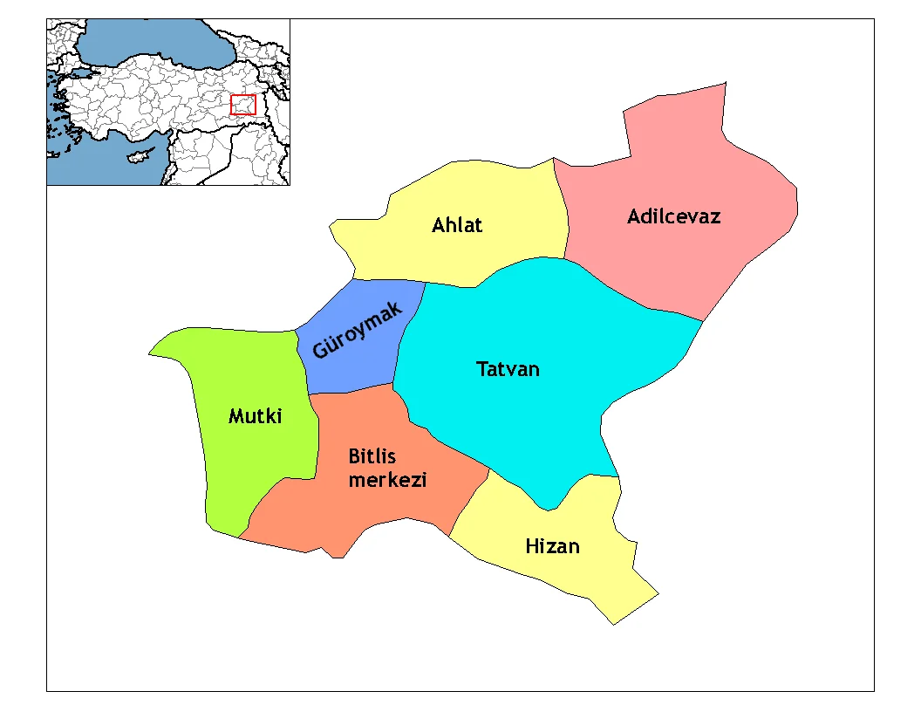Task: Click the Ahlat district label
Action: click(x=457, y=225)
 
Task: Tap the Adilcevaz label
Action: click(x=673, y=216)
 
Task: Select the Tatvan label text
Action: click(x=508, y=369)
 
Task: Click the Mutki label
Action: click(x=255, y=416)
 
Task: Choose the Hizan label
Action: click(x=552, y=547)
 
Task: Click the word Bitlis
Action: click(x=372, y=456)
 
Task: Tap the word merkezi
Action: click(x=387, y=479)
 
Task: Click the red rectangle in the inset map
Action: click(x=242, y=105)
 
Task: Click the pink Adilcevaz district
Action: click(x=698, y=262)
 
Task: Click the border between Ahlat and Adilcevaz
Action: click(x=562, y=209)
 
